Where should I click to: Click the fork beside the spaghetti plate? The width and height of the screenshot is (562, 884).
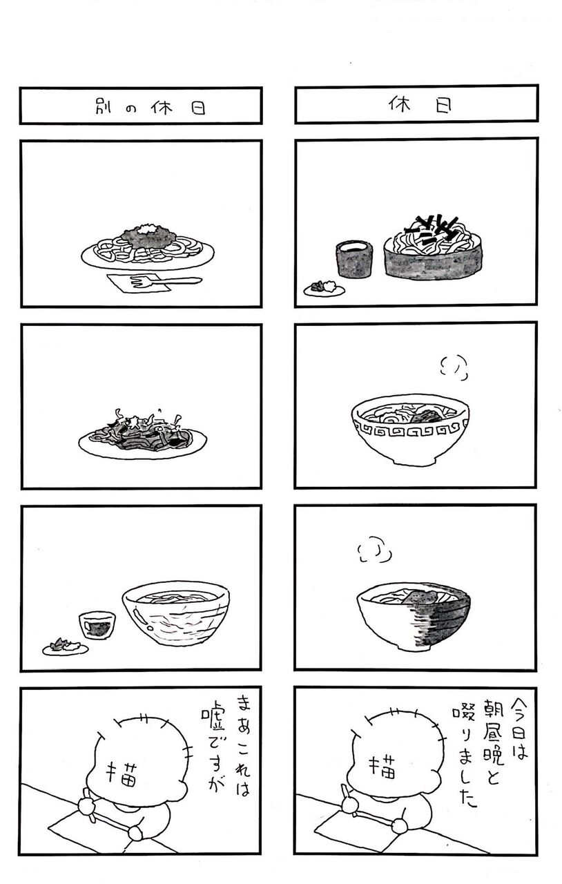[x=166, y=281]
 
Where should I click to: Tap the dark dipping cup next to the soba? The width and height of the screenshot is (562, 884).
[x=354, y=258]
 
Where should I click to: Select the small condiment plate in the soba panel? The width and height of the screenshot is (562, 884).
[x=324, y=289]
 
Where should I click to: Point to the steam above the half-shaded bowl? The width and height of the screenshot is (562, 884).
[x=374, y=549]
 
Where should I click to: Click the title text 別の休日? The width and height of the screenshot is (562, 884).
[x=151, y=107]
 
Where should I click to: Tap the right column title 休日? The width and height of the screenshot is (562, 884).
[x=420, y=104]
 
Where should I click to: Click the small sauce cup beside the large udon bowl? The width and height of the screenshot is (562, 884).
[x=97, y=625]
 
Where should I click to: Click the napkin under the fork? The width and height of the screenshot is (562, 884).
[x=139, y=282]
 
